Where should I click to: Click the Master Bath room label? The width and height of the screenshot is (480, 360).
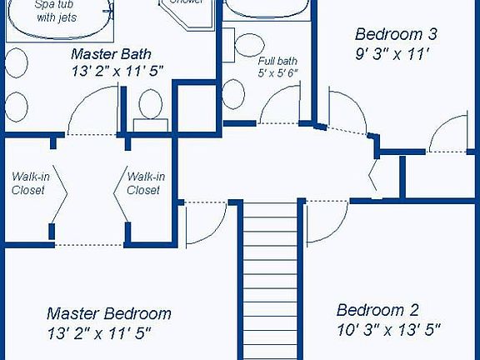(x=109, y=54)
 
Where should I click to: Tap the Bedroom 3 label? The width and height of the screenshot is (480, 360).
(x=396, y=34)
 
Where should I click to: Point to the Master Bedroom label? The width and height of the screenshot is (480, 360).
(x=108, y=314)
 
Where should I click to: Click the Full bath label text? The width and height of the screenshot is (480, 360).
(x=277, y=61)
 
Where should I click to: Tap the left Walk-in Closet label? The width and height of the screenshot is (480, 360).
(x=27, y=183)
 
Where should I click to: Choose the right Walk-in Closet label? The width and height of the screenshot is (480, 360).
(x=144, y=183)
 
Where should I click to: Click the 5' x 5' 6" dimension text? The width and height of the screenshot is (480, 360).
(x=277, y=73)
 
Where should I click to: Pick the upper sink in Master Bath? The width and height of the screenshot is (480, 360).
(x=17, y=63)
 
